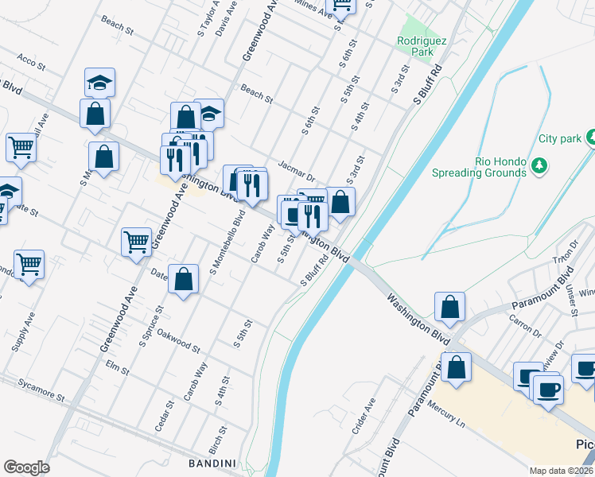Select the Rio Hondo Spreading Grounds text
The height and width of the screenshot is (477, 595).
tap(479, 166)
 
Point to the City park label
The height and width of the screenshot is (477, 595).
tap(560, 138)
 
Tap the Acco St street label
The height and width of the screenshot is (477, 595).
tap(28, 60)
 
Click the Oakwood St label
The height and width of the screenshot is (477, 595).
tap(179, 339)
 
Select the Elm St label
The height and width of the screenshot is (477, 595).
tap(117, 366)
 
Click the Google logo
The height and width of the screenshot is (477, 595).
tap(26, 467)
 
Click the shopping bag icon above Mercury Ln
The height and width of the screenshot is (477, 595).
tap(457, 368)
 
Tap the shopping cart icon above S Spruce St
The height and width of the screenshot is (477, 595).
tap(136, 241)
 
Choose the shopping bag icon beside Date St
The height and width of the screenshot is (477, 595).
tap(183, 279)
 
